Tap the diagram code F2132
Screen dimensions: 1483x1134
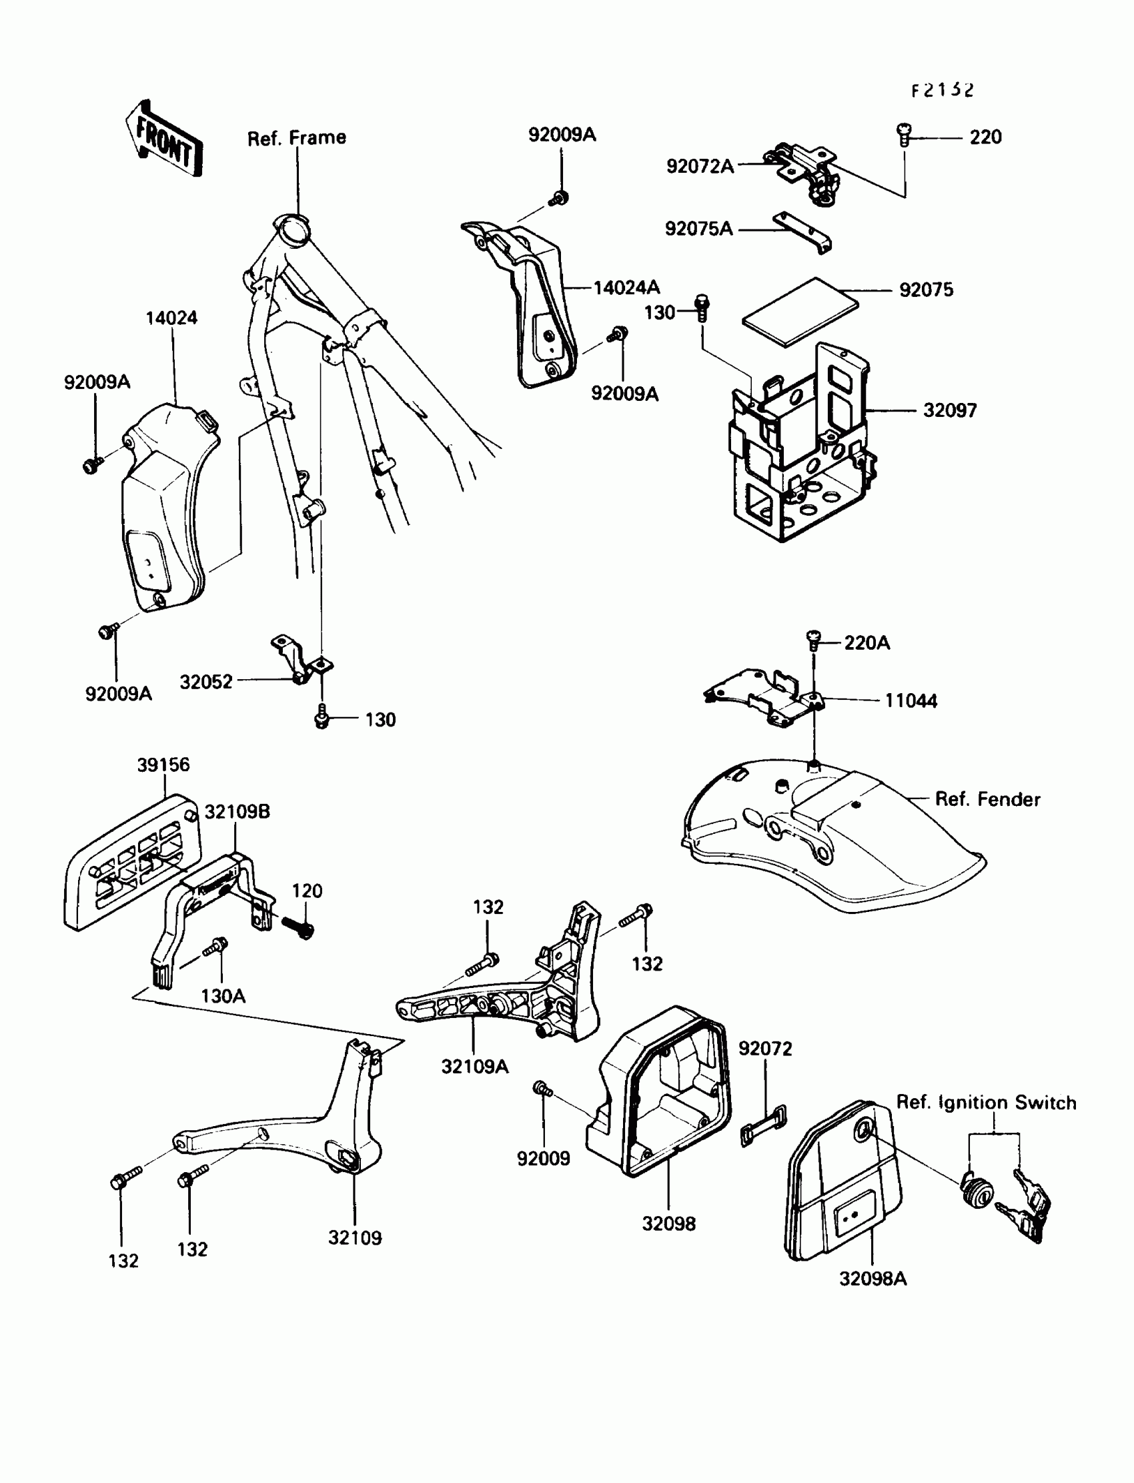point(943,91)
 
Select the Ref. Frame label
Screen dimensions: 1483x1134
point(296,138)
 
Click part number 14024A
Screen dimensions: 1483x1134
point(626,288)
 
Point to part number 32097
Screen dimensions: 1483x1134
point(950,410)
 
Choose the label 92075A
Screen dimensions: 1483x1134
point(698,229)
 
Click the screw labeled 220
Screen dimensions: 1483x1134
point(903,134)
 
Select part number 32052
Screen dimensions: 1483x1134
point(206,682)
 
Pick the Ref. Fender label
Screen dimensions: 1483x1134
point(987,799)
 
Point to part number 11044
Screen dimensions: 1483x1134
point(911,701)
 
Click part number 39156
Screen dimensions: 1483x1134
point(163,765)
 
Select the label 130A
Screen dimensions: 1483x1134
point(223,996)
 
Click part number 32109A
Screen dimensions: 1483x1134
point(474,1067)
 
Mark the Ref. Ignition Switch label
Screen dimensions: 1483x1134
point(985,1102)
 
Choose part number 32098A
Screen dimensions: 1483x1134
point(873,1278)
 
